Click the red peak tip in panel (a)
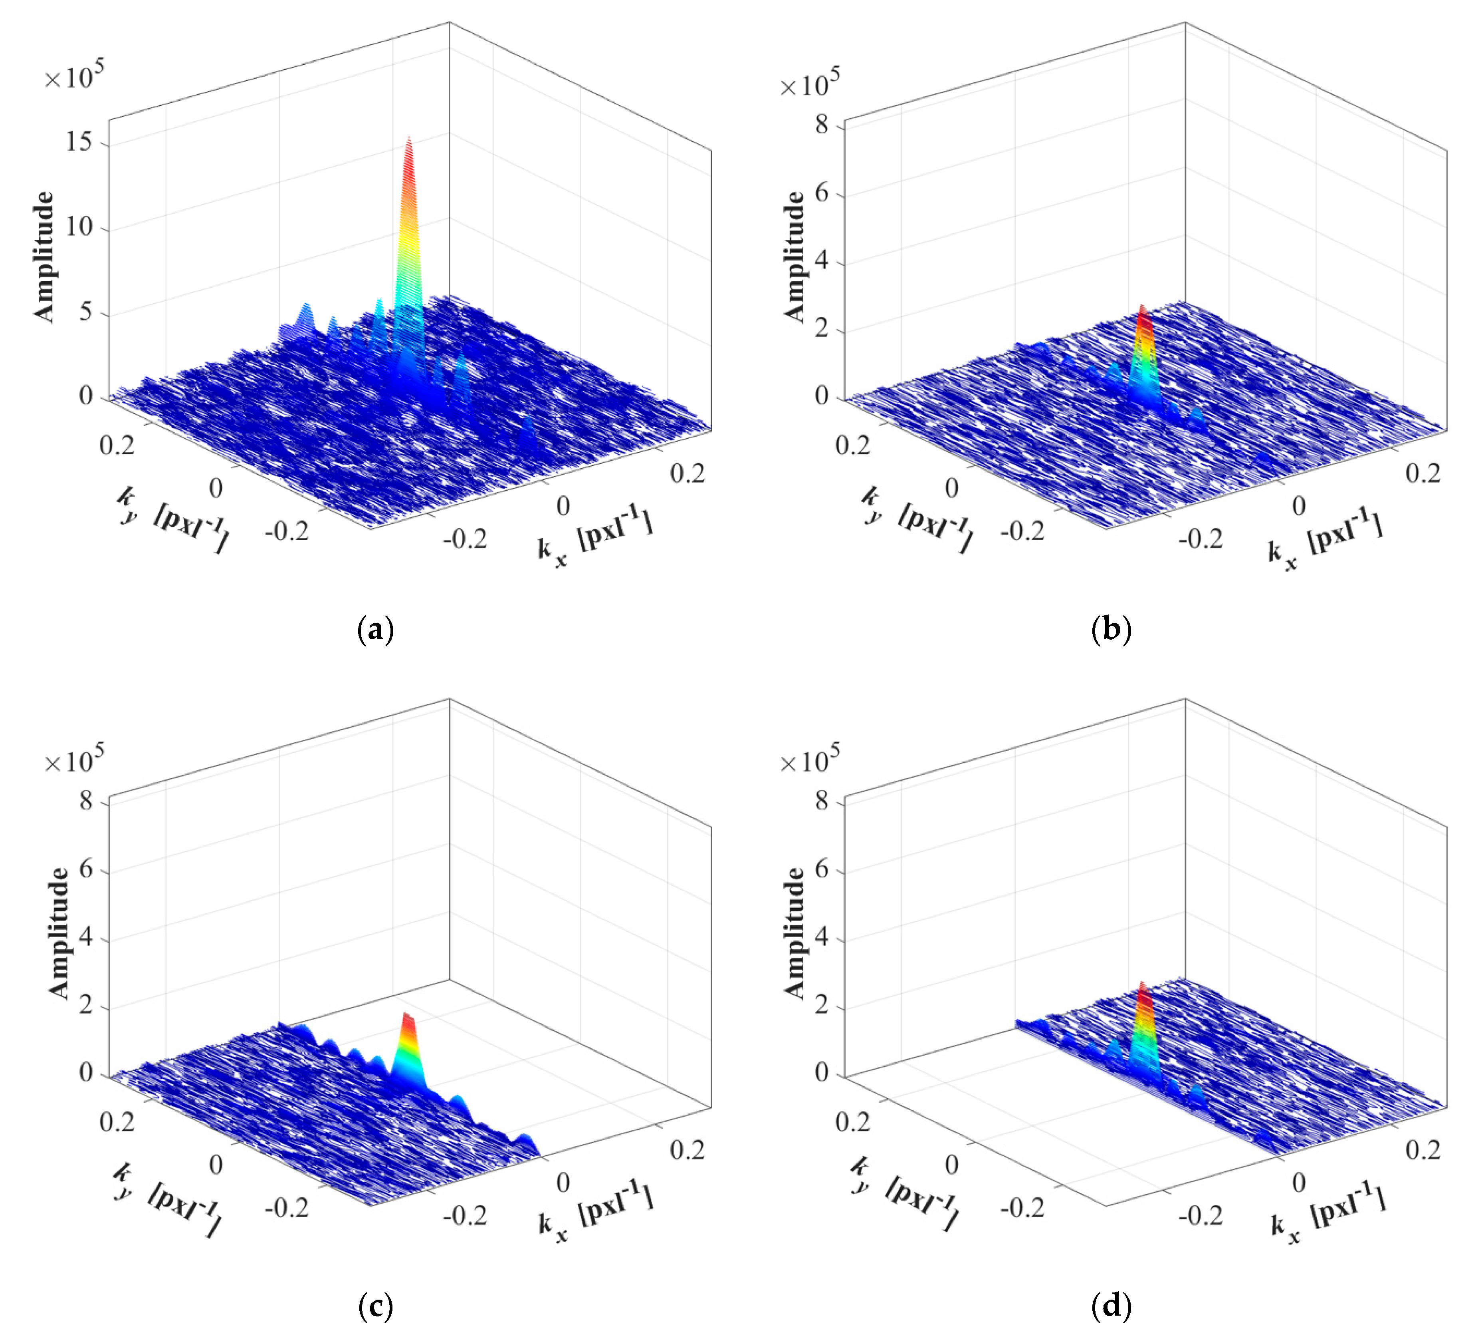(408, 140)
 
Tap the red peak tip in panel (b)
(1142, 308)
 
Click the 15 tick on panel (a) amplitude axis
(79, 141)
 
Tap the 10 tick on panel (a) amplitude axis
(79, 227)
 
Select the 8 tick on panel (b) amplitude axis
(822, 125)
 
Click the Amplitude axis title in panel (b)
(794, 256)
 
